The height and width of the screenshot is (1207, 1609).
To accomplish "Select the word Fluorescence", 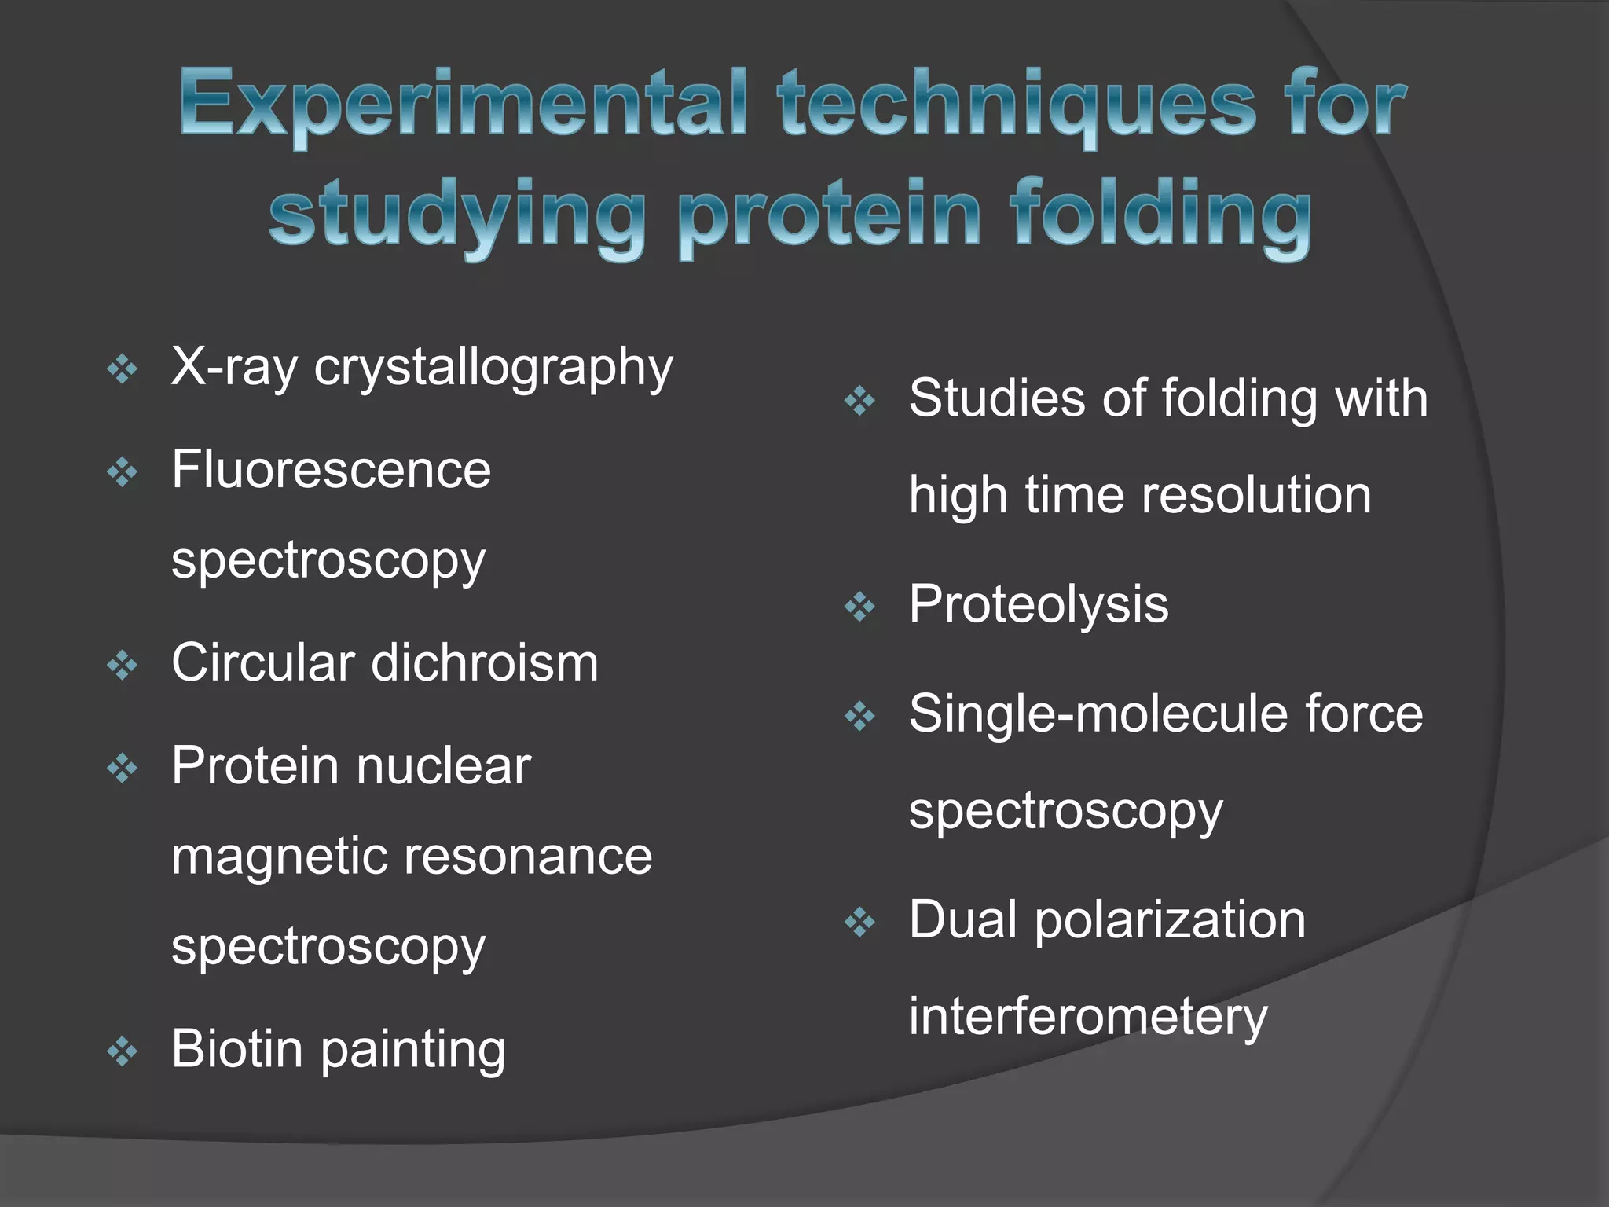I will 331,470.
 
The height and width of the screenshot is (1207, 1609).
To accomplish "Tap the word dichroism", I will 484,662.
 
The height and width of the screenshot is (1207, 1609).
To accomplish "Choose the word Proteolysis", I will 1038,604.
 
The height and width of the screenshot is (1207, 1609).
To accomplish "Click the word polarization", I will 1170,919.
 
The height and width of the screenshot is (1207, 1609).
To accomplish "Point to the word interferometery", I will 1087,1016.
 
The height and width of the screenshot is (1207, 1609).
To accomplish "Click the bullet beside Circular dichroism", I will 122,666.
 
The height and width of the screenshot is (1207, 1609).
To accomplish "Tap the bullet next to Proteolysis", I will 859,607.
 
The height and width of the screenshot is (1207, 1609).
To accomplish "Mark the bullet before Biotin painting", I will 122,1051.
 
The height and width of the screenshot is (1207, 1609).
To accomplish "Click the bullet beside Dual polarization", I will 859,923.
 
